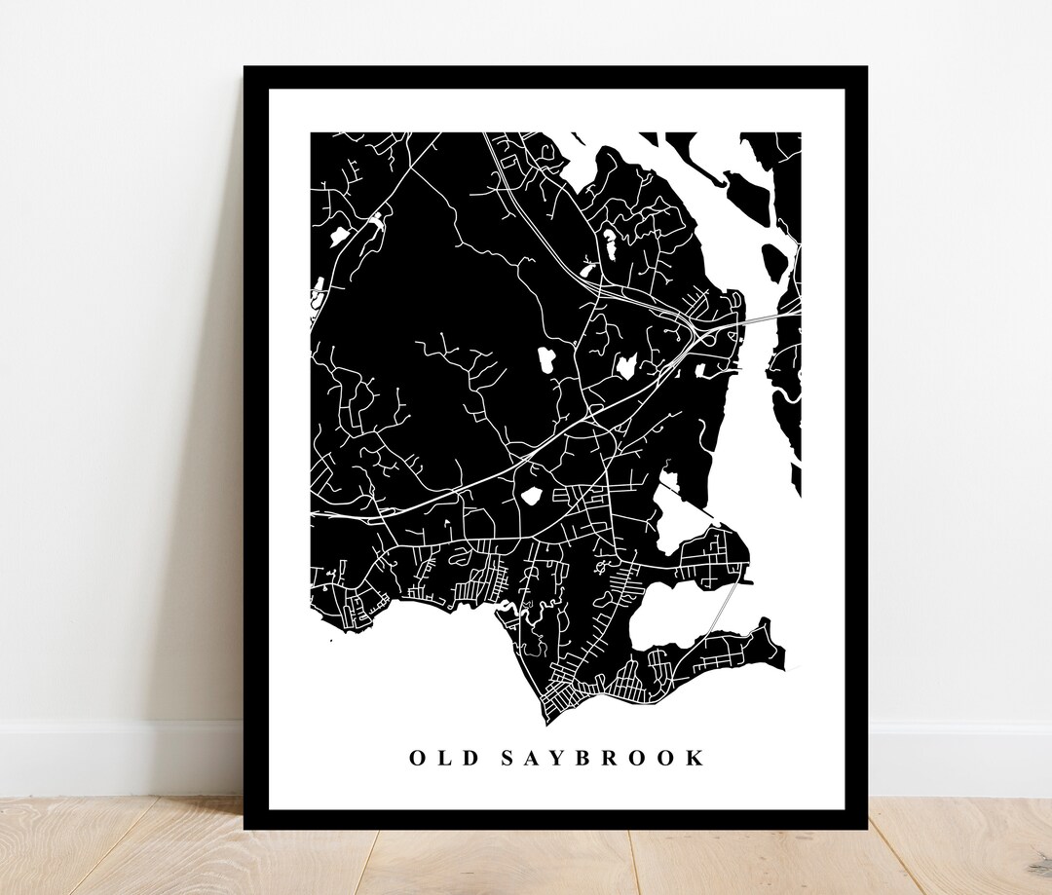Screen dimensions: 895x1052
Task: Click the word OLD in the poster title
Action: tap(436, 758)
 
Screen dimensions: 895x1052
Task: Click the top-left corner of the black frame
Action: tap(245, 68)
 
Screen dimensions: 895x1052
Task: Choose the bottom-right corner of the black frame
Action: tap(865, 828)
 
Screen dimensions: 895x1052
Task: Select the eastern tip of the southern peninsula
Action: tap(783, 666)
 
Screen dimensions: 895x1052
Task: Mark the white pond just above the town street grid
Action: tap(531, 496)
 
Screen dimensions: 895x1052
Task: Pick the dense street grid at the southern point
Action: tap(566, 694)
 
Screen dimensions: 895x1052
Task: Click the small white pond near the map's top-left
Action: tap(339, 235)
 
